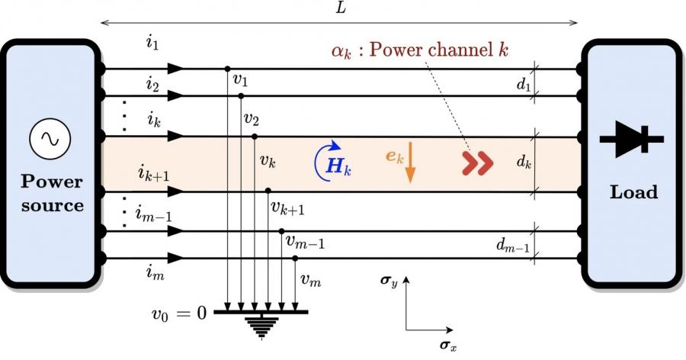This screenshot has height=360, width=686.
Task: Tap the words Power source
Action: pyautogui.click(x=52, y=194)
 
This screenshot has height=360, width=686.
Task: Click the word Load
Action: pyautogui.click(x=633, y=192)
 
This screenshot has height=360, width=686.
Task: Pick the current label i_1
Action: pyautogui.click(x=152, y=43)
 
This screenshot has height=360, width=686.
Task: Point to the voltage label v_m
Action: pyautogui.click(x=309, y=280)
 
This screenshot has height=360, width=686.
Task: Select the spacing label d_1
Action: pyautogui.click(x=523, y=84)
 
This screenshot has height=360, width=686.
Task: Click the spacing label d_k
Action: pyautogui.click(x=523, y=162)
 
